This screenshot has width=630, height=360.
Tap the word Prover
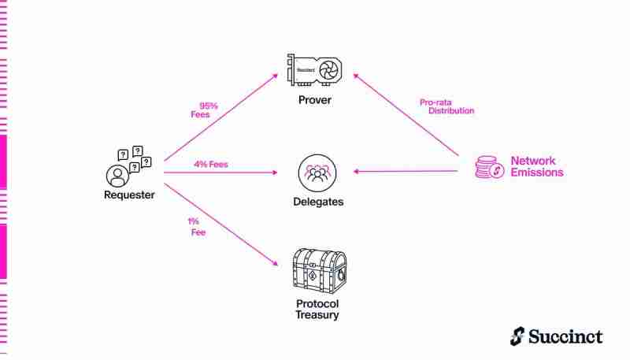coord(315,100)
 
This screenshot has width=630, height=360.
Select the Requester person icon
coord(117,173)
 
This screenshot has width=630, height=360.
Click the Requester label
coord(129,195)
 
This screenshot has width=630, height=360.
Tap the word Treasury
coord(317,315)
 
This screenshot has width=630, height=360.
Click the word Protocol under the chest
coord(317,304)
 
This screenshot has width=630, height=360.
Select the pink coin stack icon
coord(489,167)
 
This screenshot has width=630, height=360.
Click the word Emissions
coord(537,173)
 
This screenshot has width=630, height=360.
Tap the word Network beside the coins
coord(533,161)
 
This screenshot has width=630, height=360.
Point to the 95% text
coord(208,105)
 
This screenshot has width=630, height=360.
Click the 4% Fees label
coord(211,165)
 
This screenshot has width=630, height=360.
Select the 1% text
coord(193,221)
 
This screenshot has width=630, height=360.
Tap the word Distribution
coord(451,111)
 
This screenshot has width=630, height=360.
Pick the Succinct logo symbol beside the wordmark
coord(516,336)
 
